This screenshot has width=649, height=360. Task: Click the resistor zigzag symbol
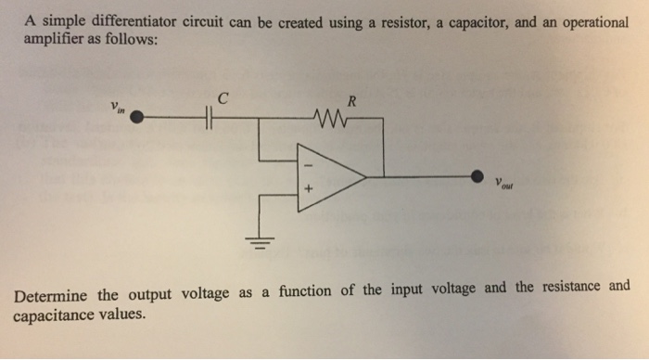coord(329,119)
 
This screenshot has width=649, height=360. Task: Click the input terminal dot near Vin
coord(137,119)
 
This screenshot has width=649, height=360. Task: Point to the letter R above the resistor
coord(347,100)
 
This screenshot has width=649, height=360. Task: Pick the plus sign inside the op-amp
coord(310,192)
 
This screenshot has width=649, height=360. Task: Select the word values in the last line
coord(124,314)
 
